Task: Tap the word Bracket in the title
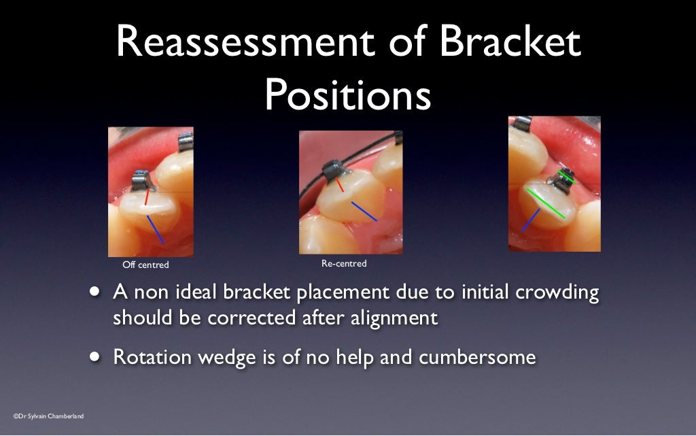510,43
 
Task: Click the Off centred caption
145,265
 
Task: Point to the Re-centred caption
344,263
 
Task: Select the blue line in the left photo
156,229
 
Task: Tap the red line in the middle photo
339,185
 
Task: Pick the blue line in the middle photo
364,211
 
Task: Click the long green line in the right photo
545,203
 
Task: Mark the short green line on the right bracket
567,178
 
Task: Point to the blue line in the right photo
531,220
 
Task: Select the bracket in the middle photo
334,169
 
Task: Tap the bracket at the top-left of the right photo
520,124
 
